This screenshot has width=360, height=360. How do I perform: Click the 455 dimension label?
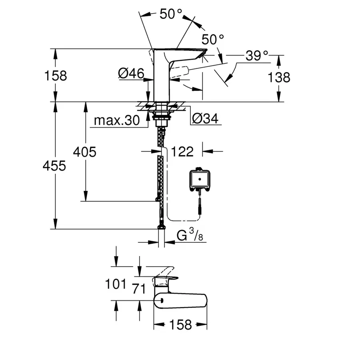point(54,166)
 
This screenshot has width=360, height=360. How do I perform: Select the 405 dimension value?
point(84,152)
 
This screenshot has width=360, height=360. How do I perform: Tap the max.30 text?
point(117,120)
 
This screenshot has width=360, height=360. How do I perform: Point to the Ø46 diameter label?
point(131,73)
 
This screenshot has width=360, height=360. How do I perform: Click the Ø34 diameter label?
point(205,119)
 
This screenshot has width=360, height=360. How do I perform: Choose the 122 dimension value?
point(182,151)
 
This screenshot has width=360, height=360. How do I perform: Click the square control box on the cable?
point(199,178)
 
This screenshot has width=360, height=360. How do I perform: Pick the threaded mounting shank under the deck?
point(162,117)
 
